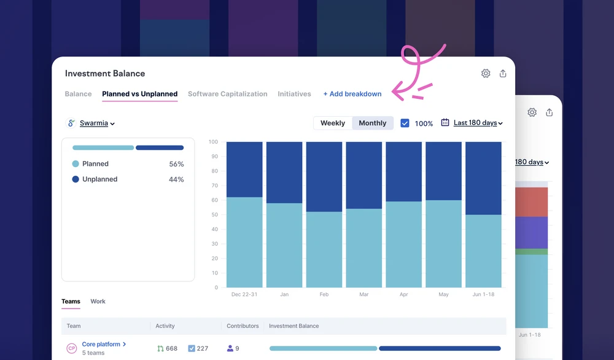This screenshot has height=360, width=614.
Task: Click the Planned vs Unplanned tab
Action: [140, 94]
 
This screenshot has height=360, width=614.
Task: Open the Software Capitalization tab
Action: [228, 94]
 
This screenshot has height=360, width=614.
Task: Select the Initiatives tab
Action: [295, 94]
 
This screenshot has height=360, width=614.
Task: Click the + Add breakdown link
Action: [352, 94]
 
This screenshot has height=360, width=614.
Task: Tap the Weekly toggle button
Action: [333, 123]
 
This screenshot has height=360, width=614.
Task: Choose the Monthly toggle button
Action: [373, 123]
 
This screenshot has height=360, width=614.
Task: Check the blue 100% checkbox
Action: [405, 123]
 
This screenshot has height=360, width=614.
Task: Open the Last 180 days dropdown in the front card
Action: [478, 123]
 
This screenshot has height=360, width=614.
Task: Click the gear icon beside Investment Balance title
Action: [486, 73]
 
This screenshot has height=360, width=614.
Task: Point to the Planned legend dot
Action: [76, 164]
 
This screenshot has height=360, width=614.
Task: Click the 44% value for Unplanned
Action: [176, 179]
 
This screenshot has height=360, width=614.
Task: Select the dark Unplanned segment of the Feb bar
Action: [324, 177]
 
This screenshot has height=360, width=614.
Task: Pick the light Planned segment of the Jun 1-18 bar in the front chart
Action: [483, 251]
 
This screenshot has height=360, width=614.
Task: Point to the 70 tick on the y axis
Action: [214, 186]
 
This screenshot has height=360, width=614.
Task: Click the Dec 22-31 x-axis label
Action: [244, 294]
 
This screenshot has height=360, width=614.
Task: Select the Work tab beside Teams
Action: [98, 301]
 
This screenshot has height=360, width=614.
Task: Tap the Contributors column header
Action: [243, 326]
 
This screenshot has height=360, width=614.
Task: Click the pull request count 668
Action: [171, 349]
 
